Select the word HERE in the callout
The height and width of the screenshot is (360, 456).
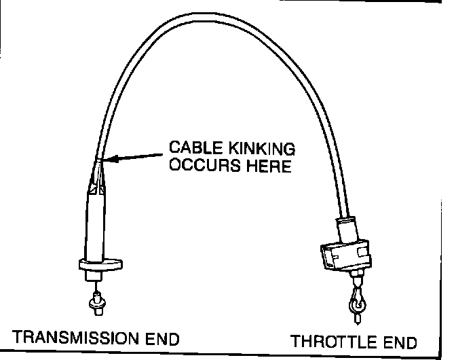(266, 165)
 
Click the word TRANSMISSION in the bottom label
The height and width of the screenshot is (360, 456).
(73, 337)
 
